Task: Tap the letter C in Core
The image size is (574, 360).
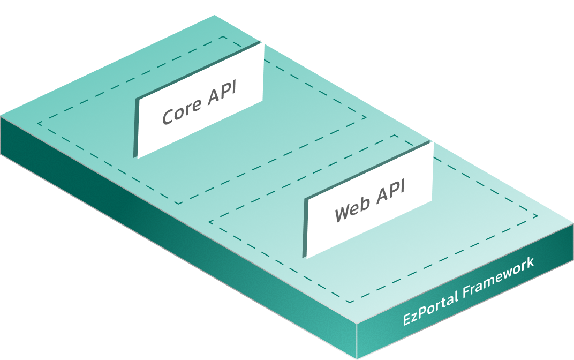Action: click(169, 116)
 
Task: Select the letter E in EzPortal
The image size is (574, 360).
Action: click(407, 319)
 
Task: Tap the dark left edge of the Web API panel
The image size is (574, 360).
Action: click(305, 228)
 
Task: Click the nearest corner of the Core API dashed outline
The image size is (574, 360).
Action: click(178, 204)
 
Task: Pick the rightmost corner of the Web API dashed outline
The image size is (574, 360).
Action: click(537, 217)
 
